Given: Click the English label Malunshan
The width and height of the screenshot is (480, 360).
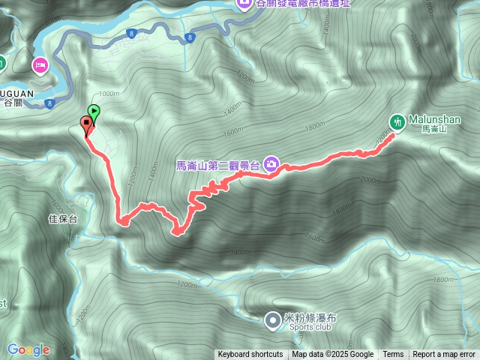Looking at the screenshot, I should [434, 119].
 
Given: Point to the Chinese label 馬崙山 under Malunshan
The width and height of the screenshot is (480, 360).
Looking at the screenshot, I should [433, 130].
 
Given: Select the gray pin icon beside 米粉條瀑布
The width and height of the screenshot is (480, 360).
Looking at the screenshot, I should [271, 320].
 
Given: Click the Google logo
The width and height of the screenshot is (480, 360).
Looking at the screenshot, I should [28, 349].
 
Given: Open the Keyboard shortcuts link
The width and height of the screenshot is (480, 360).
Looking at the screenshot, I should [250, 355].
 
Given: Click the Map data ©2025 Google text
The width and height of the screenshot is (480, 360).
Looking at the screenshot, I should [333, 355].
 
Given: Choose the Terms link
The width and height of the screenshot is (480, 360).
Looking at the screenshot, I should [393, 355].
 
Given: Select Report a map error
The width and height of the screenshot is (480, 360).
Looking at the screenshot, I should [444, 355].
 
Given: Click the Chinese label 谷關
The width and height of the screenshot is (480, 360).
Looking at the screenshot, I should [13, 103].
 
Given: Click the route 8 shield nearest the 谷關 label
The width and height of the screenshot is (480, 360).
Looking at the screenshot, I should [49, 103].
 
